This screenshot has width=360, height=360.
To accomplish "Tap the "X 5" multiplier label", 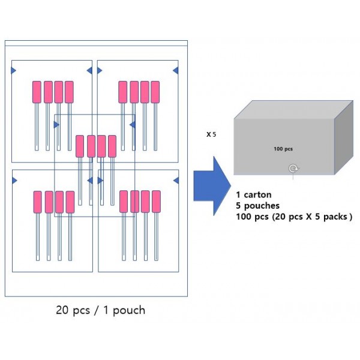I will (x=211, y=134).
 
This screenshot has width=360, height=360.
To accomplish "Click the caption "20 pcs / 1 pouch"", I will (x=100, y=310).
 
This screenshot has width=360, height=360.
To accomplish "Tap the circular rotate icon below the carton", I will (x=293, y=168).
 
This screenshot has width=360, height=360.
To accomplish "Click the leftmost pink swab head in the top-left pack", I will (x=37, y=92).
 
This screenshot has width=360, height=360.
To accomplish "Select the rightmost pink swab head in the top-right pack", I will (x=155, y=92).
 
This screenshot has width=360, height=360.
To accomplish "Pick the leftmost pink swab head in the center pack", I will (x=80, y=146).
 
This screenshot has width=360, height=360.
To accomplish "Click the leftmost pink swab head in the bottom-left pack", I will (x=37, y=202).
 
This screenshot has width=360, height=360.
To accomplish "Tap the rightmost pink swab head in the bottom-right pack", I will (x=156, y=202).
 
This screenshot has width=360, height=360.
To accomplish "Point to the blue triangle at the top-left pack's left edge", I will (x=14, y=71).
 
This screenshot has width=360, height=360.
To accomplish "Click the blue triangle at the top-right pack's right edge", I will (x=176, y=71).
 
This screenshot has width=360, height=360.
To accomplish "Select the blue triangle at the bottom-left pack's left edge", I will (x=14, y=179).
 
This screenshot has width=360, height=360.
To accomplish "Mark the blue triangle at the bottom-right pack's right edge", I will (x=176, y=179).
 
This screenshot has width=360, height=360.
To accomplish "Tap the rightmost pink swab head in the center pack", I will (x=112, y=146).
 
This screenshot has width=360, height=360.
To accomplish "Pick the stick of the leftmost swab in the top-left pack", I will (x=37, y=126).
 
